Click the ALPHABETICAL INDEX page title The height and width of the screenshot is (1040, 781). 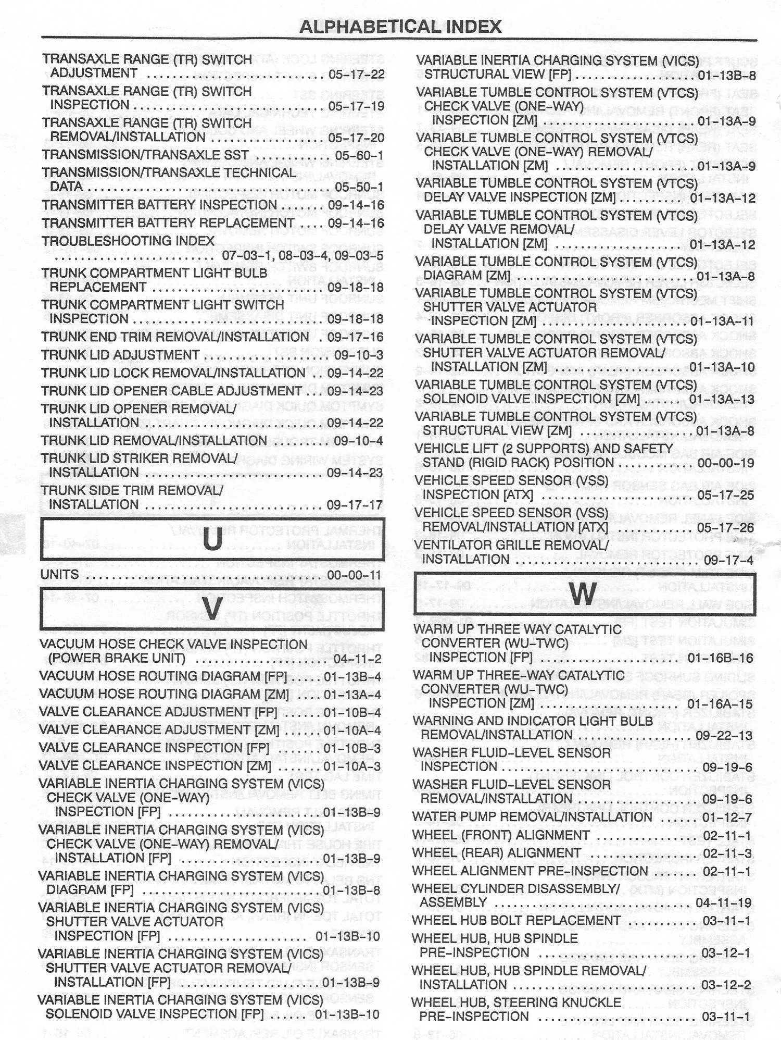point(400,26)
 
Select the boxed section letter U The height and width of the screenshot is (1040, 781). point(212,539)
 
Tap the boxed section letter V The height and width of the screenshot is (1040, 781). point(212,608)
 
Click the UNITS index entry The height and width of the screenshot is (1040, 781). point(60,574)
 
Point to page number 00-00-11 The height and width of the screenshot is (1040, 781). point(354,575)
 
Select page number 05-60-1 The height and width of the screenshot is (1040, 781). point(359,156)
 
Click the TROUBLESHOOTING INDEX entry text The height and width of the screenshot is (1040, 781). point(128,241)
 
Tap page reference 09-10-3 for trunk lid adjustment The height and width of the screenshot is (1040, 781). point(358,355)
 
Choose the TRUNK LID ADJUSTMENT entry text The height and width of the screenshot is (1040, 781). point(120,355)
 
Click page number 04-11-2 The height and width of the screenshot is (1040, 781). point(357,659)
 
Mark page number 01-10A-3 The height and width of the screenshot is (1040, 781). point(352,766)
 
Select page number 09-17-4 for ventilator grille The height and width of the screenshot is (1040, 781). point(728,560)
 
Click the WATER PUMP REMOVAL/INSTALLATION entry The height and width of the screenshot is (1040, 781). point(532,817)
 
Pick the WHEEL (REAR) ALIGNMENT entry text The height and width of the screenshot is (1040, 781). point(496,853)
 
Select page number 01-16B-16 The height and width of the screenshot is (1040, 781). point(720,658)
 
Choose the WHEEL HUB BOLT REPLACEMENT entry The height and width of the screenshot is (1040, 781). point(515,921)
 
